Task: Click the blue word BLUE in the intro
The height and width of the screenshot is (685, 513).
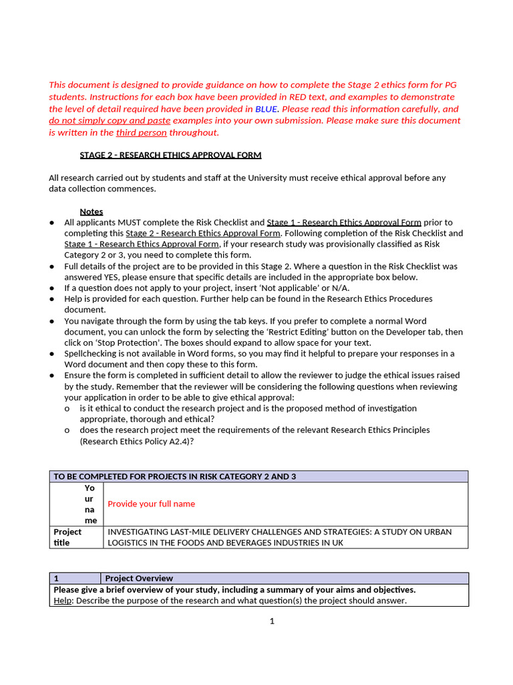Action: pos(263,109)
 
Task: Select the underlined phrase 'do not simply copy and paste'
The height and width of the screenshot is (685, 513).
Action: pos(110,121)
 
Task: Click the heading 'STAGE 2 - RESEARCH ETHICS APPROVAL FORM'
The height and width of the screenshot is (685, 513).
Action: pos(170,155)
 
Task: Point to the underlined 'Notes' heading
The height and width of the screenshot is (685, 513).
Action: pos(92,211)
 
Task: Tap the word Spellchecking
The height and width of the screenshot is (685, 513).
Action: pos(92,354)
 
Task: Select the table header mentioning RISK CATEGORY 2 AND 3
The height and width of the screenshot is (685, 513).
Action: pos(174,477)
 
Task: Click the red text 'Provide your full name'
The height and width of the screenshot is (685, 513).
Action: pos(152,504)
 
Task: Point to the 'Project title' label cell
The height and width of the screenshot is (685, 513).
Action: pos(67,537)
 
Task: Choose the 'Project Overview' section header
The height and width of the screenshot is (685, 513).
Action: pos(139,579)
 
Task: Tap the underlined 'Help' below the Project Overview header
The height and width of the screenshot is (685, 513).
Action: pos(62,601)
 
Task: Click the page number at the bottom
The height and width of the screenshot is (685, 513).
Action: pos(272,621)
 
